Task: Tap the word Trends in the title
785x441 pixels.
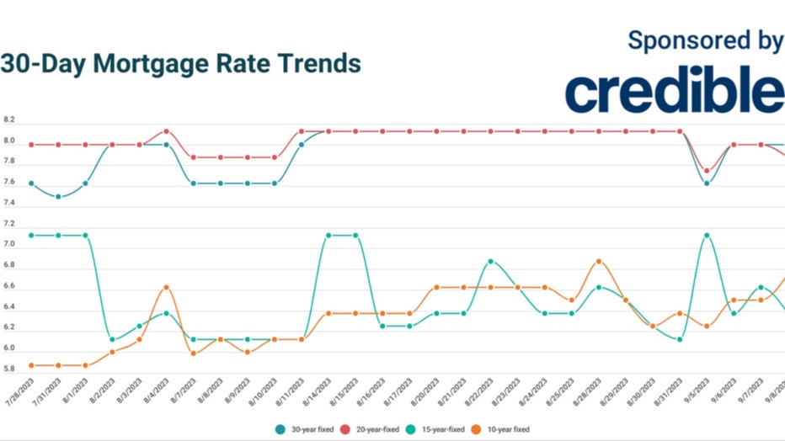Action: [318, 63]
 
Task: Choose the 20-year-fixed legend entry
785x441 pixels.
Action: [376, 429]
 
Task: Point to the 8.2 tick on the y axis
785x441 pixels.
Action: [9, 120]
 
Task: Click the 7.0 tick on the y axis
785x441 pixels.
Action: [9, 245]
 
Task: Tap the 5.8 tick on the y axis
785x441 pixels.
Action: [9, 369]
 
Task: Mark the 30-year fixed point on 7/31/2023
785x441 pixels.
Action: [58, 197]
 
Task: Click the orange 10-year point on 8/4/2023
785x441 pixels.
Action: [167, 287]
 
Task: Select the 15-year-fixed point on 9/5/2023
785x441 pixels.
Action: [707, 235]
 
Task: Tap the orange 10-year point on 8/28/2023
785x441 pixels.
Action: [599, 261]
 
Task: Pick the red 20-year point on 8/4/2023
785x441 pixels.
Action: [167, 131]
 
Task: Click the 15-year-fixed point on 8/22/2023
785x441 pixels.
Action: [490, 261]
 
